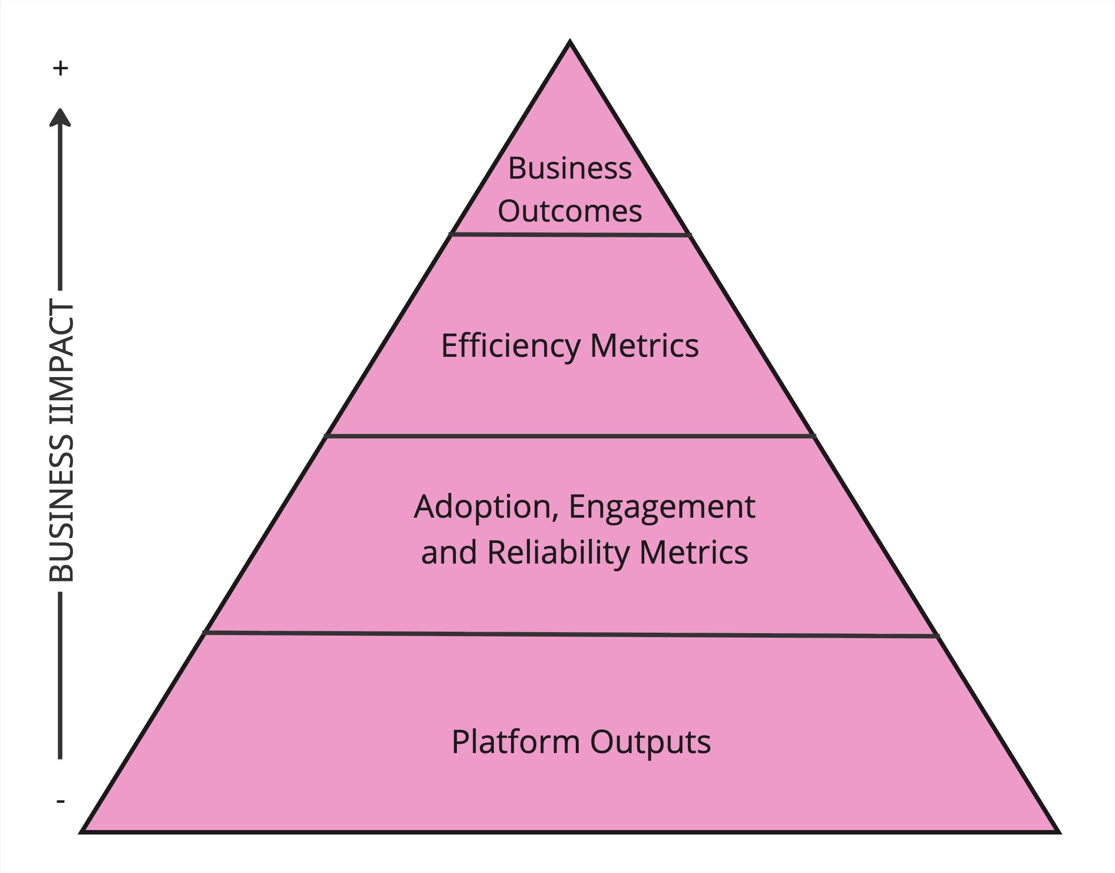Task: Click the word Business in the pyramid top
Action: click(569, 168)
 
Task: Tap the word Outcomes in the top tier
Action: click(569, 211)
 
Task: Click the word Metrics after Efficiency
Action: click(644, 346)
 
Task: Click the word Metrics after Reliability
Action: click(694, 553)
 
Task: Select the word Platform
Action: click(516, 742)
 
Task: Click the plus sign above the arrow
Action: click(61, 68)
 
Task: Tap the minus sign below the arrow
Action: click(60, 801)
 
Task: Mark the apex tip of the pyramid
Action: click(570, 42)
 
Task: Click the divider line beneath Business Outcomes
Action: click(570, 234)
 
